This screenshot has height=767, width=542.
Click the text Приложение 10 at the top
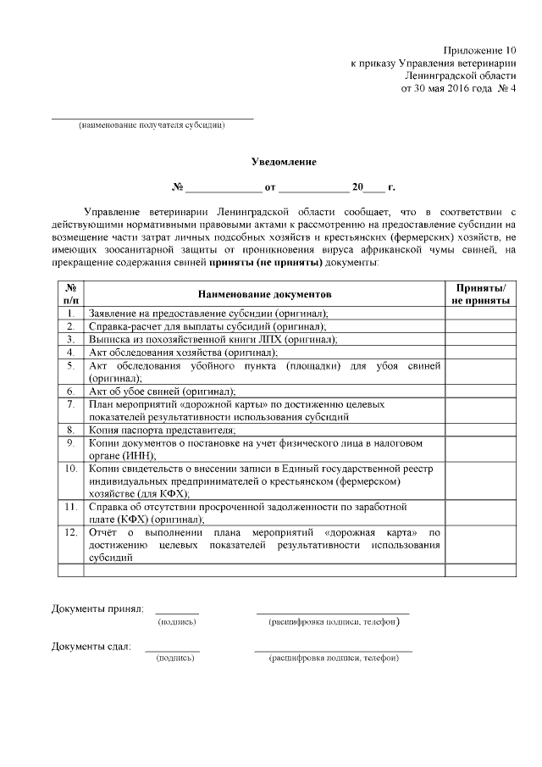pyautogui.click(x=479, y=50)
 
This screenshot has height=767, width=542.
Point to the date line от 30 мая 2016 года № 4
pyautogui.click(x=458, y=88)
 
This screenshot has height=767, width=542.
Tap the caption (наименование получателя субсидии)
pyautogui.click(x=152, y=125)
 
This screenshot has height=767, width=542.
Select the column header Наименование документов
pyautogui.click(x=265, y=293)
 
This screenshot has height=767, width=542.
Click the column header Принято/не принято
pyautogui.click(x=480, y=293)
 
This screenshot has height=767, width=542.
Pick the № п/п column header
pyautogui.click(x=70, y=293)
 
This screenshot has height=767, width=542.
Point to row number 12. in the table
pyautogui.click(x=70, y=532)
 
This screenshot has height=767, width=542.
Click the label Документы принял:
pyautogui.click(x=97, y=609)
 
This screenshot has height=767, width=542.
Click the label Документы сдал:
pyautogui.click(x=91, y=647)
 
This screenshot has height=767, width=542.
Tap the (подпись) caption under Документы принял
pyautogui.click(x=177, y=621)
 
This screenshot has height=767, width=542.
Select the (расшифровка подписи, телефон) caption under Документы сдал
pyautogui.click(x=333, y=659)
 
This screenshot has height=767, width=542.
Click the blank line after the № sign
pyautogui.click(x=224, y=187)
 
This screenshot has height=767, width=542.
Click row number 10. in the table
pyautogui.click(x=70, y=469)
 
